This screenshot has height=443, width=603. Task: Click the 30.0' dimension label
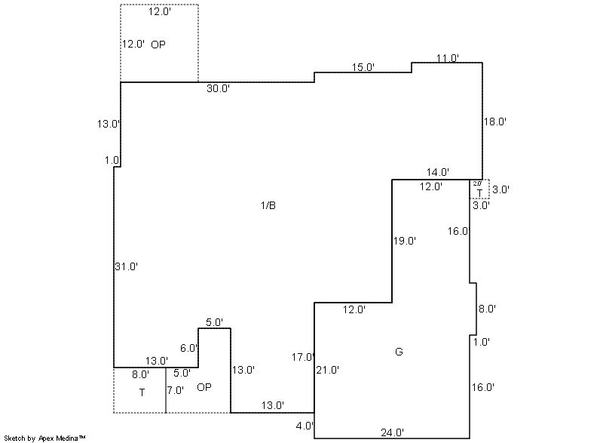click(219, 89)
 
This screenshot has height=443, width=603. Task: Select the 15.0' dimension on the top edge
click(363, 68)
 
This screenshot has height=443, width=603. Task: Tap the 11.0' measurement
click(448, 58)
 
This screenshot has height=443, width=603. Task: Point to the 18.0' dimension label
click(494, 122)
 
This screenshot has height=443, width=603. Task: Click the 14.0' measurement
click(438, 172)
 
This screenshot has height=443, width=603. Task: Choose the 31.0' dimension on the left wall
click(126, 266)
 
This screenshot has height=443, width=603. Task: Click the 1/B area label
click(268, 205)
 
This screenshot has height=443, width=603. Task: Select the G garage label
click(399, 352)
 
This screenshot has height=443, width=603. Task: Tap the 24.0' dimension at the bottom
click(392, 432)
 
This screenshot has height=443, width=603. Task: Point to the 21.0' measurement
click(328, 371)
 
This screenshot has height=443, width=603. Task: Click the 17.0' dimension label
click(303, 357)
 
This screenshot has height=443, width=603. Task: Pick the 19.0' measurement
click(405, 241)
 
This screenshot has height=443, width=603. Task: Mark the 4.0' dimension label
click(305, 426)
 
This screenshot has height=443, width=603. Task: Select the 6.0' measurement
click(188, 349)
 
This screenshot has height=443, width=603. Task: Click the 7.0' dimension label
click(175, 390)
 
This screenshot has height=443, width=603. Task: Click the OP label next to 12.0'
click(158, 45)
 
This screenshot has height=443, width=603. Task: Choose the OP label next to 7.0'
click(204, 388)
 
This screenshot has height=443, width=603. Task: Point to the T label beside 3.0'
click(479, 193)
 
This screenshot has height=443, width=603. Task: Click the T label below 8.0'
click(141, 392)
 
